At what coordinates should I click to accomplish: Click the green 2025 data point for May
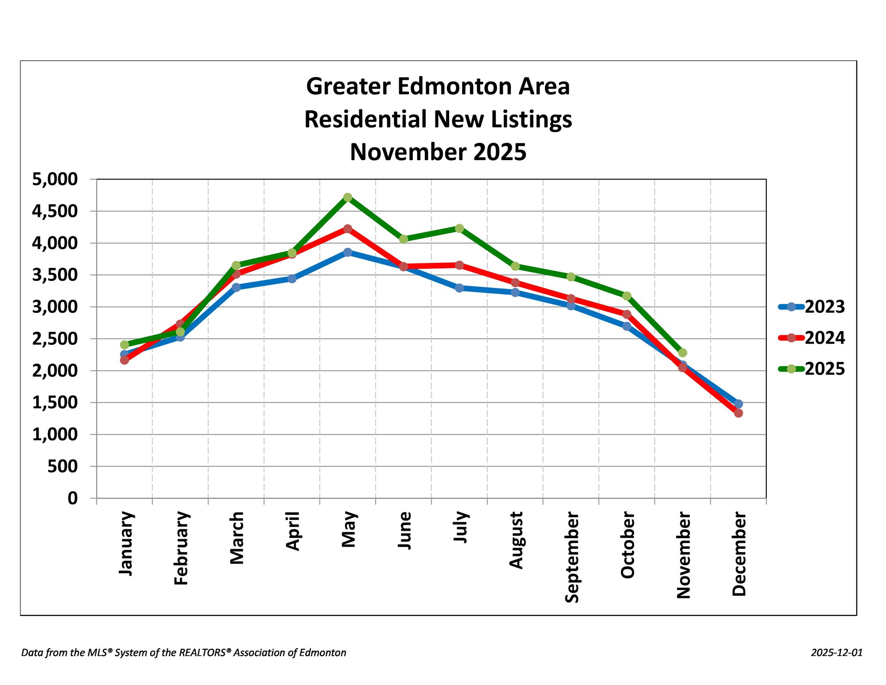[x=348, y=197]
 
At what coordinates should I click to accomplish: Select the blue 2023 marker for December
[x=738, y=404]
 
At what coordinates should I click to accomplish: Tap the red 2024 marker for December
[x=738, y=413]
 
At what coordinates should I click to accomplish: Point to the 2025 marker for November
[x=683, y=353]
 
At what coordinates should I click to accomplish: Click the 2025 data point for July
[x=459, y=228]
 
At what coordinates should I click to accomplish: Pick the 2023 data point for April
[x=292, y=279]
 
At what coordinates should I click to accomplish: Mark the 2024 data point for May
[x=348, y=229]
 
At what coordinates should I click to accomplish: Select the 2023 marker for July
[x=459, y=288]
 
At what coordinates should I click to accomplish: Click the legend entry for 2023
[x=812, y=307]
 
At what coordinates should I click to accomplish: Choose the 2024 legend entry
[x=812, y=338]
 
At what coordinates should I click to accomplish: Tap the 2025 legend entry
[x=812, y=369]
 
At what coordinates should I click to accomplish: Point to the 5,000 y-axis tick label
[x=55, y=180]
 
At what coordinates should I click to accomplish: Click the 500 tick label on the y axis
[x=62, y=466]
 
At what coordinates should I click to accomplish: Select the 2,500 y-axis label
[x=55, y=339]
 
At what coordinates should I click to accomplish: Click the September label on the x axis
[x=572, y=557]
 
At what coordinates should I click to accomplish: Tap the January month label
[x=126, y=544]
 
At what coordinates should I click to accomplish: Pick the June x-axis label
[x=404, y=531]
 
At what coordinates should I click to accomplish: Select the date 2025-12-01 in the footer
[x=837, y=653]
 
